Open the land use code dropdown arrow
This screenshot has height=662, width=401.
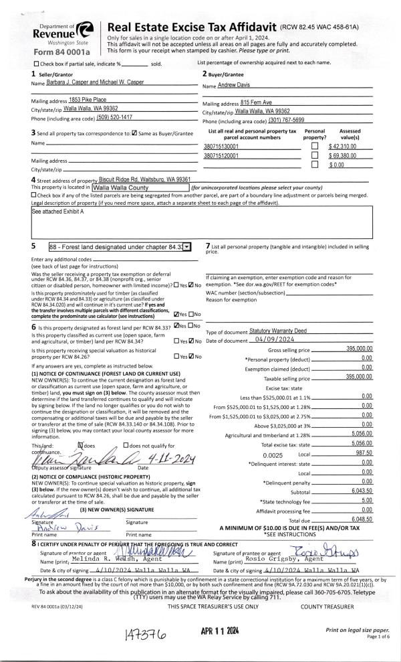coord(187,247)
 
